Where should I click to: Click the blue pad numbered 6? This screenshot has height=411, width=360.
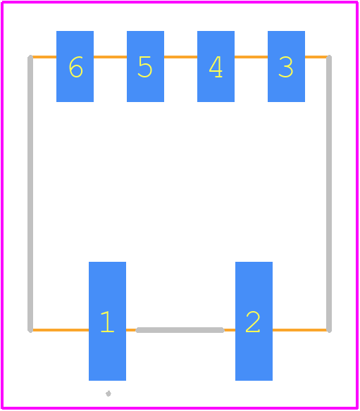point(75,66)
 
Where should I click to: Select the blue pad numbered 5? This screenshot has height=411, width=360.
point(145,66)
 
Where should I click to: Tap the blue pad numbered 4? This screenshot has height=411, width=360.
point(216,66)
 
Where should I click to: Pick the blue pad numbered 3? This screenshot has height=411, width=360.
point(286,66)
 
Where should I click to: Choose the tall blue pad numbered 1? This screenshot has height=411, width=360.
point(107,321)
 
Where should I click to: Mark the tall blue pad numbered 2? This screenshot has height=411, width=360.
point(254,321)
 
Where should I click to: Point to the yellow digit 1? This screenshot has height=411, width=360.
point(108,322)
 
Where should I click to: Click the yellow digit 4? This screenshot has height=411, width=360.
point(216,67)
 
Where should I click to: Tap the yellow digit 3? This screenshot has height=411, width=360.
point(286,67)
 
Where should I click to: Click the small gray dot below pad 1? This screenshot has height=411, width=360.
point(108,393)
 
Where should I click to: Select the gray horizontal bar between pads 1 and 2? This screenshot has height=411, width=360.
point(180,330)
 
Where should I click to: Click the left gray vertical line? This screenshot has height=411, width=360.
point(30,194)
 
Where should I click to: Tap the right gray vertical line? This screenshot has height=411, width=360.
point(329,194)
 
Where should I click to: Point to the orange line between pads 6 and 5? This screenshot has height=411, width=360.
point(110,57)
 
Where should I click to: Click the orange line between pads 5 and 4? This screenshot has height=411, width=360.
point(181,57)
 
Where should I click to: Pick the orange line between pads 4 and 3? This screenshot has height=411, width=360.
point(251,57)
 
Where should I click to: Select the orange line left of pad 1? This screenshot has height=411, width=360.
point(61,330)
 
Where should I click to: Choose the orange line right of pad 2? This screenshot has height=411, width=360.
point(299,330)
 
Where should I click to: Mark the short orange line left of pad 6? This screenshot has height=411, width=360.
point(44,57)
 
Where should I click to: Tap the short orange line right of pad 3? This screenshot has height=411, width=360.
point(316,57)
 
